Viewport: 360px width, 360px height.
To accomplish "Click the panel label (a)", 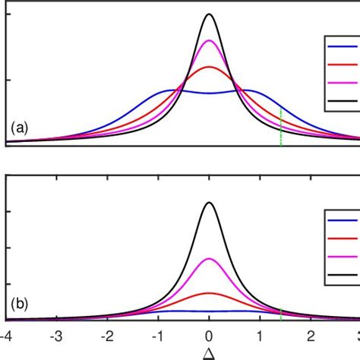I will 19,129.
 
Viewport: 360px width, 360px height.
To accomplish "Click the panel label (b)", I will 19,307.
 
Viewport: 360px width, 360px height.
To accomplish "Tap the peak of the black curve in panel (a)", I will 209,14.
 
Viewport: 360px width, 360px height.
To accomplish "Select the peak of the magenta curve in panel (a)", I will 209,40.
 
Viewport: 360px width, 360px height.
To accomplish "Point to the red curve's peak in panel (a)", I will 209,68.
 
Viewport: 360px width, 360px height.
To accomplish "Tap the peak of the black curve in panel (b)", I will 209,203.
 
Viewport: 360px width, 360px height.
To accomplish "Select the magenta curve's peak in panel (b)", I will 209,259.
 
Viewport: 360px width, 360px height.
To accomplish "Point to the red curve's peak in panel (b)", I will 209,292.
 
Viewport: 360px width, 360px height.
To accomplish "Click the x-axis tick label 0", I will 209,335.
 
